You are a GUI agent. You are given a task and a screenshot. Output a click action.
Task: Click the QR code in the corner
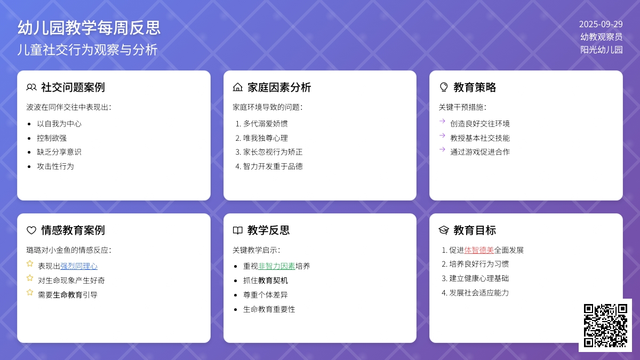point(605,325)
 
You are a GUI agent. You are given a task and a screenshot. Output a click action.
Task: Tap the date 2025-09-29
point(601,25)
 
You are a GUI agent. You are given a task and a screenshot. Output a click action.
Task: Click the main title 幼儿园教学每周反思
point(89,28)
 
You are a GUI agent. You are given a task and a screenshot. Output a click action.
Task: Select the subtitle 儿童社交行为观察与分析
point(87,50)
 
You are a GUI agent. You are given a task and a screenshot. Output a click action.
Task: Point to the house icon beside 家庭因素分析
point(237,87)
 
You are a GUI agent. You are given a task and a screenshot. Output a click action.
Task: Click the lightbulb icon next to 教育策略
point(444,87)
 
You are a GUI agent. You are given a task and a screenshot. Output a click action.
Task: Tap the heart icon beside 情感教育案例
point(31,230)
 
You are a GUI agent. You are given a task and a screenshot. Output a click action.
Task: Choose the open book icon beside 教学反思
point(237,230)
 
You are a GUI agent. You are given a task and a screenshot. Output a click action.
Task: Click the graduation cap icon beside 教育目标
point(444,230)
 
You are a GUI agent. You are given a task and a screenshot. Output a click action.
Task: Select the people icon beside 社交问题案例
point(31,87)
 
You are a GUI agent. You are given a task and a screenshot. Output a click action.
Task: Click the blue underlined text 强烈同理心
point(79,266)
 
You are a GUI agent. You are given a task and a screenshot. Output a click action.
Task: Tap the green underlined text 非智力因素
point(277,266)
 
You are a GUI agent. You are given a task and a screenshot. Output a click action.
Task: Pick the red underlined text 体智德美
point(479,250)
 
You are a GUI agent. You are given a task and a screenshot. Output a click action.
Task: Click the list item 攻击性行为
point(55,166)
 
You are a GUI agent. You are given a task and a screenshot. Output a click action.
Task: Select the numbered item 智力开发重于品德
point(273,166)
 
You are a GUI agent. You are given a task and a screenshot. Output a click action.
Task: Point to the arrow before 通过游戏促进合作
point(442,149)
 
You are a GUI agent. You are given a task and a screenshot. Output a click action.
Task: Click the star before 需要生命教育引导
point(30,292)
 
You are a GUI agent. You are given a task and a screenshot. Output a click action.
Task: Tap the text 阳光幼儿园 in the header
point(602,50)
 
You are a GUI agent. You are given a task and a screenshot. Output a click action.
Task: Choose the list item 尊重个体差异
point(266,295)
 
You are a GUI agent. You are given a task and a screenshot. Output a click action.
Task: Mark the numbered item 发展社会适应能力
point(479,293)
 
